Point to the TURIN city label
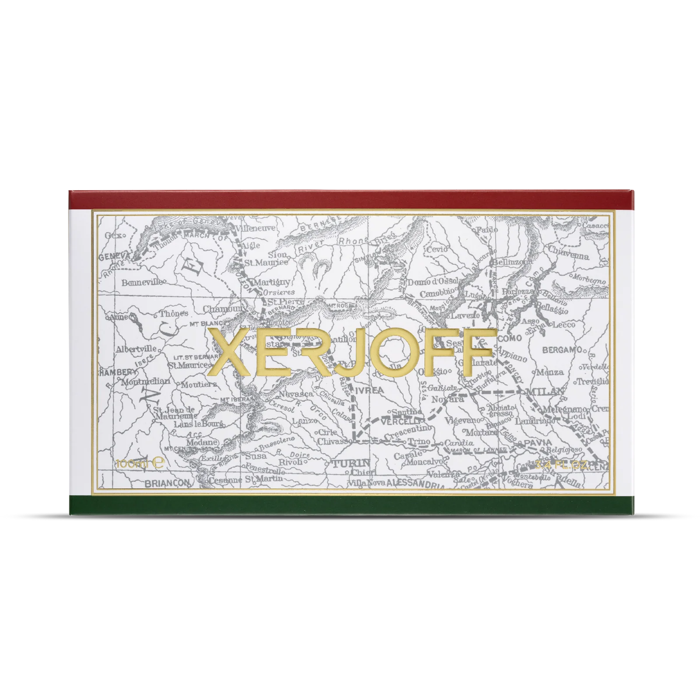pyautogui.click(x=350, y=463)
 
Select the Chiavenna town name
pyautogui.click(x=568, y=256)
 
